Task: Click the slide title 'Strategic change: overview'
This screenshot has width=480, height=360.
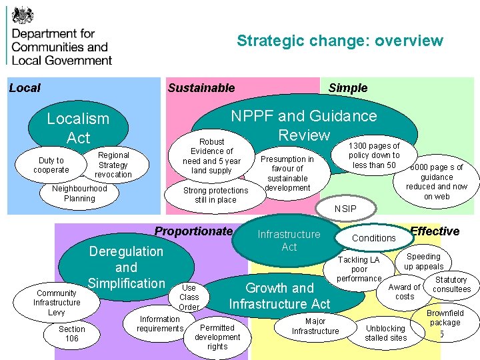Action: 339,41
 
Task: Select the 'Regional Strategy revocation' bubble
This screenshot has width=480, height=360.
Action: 113,165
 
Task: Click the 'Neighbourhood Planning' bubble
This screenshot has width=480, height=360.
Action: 79,193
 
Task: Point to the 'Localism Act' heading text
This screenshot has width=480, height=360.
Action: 78,128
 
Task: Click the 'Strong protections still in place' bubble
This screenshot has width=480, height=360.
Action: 215,195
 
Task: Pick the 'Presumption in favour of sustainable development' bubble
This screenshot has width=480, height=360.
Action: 287,173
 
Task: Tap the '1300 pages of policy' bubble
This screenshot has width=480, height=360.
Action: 374,155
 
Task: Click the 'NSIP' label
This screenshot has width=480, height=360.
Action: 345,209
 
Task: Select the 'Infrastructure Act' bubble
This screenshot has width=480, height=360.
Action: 289,240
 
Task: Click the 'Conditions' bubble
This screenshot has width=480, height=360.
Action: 373,238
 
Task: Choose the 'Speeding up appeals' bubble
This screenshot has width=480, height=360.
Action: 423,261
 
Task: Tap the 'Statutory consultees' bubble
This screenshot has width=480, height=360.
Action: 451,285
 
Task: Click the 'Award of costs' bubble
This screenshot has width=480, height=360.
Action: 405,292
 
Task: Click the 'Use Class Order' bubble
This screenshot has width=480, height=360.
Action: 189,297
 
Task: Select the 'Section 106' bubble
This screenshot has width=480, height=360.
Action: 72,333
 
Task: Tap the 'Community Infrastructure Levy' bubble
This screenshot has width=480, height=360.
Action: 57,303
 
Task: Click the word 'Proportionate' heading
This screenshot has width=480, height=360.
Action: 193,231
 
